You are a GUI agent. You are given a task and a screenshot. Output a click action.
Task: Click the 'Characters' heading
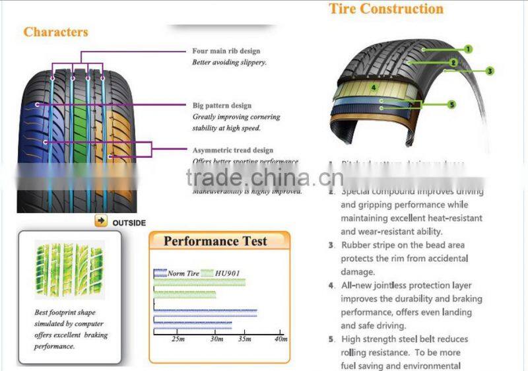point(55,32)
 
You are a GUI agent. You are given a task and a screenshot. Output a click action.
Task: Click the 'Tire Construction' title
point(386,9)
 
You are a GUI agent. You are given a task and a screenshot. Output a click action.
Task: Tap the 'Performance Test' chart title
point(215,241)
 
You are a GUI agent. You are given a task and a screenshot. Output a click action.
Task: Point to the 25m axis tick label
point(178,339)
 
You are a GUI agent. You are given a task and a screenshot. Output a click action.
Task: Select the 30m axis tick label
point(217,339)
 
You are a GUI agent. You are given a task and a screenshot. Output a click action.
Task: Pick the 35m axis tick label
point(244,339)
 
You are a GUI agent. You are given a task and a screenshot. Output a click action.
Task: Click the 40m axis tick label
point(281,339)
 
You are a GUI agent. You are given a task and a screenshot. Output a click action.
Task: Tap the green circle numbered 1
point(468,49)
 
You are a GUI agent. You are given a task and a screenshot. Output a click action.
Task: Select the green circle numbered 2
point(453,63)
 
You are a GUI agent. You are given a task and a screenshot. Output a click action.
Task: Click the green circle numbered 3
point(490,71)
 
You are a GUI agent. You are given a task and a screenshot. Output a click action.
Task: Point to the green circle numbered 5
point(451,104)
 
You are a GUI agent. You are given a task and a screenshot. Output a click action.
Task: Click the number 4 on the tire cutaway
point(373,86)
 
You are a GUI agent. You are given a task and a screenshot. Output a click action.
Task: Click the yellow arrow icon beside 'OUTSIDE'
point(100,222)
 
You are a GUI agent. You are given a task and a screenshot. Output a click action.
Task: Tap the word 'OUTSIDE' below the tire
point(129,222)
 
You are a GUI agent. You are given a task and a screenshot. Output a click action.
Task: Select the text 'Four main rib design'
point(226,51)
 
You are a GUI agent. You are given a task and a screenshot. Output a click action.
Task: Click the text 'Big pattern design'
point(222,106)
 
